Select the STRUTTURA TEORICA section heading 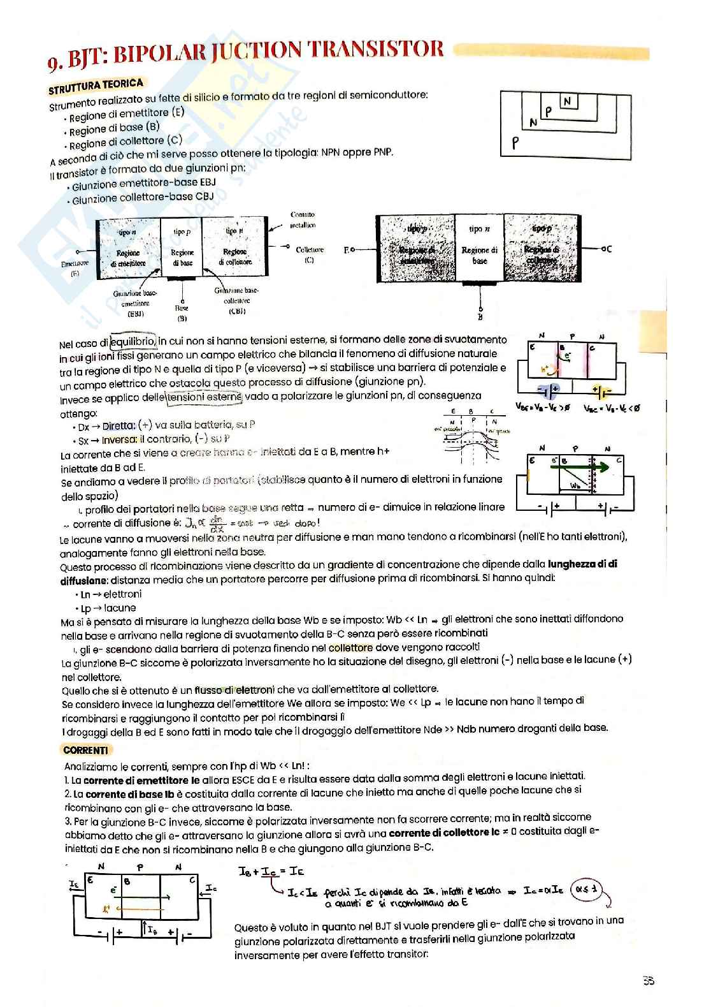[96, 85]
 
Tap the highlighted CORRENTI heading [85, 750]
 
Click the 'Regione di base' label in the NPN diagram [182, 257]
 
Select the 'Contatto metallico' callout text [303, 219]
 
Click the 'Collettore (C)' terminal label [310, 254]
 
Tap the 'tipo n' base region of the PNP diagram [479, 246]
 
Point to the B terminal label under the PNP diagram [480, 317]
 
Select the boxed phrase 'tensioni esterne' [204, 397]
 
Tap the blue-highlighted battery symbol [548, 389]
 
